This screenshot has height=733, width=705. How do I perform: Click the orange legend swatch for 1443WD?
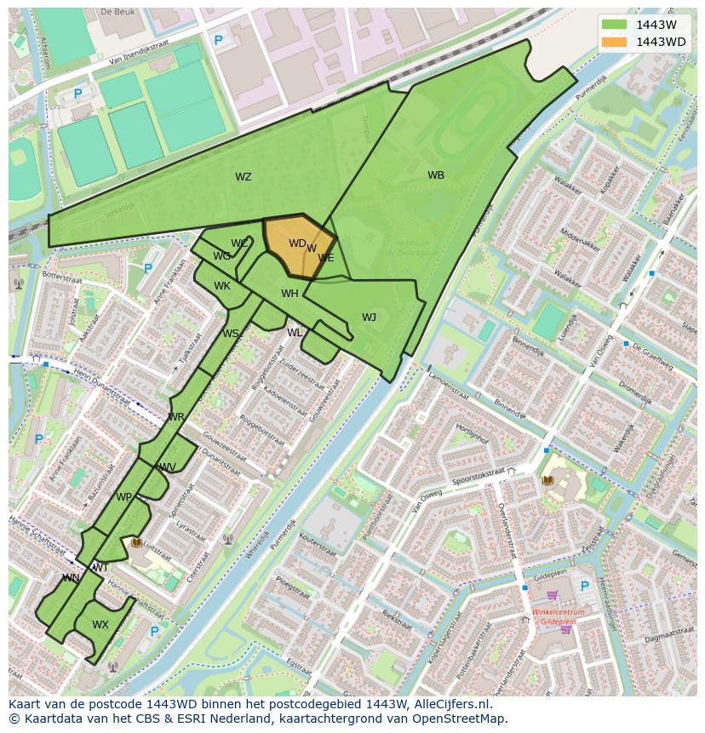[x=614, y=42]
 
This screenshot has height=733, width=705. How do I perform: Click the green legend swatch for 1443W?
[x=614, y=25]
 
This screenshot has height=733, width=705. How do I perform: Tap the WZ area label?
[x=244, y=177]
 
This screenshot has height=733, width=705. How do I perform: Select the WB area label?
[x=436, y=175]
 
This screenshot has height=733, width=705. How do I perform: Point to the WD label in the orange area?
[x=296, y=243]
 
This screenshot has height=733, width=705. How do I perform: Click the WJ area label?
[x=369, y=318]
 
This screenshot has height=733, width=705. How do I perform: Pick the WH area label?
[x=289, y=294]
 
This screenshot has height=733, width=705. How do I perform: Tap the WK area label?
[x=222, y=286]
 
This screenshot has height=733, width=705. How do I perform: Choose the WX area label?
[x=100, y=625]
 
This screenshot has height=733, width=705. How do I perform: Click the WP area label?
[x=124, y=497]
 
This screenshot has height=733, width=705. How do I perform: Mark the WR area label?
[x=176, y=417]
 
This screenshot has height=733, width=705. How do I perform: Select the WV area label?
[x=168, y=467]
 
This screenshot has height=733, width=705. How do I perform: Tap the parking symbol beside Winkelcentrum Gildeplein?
[x=584, y=587]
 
